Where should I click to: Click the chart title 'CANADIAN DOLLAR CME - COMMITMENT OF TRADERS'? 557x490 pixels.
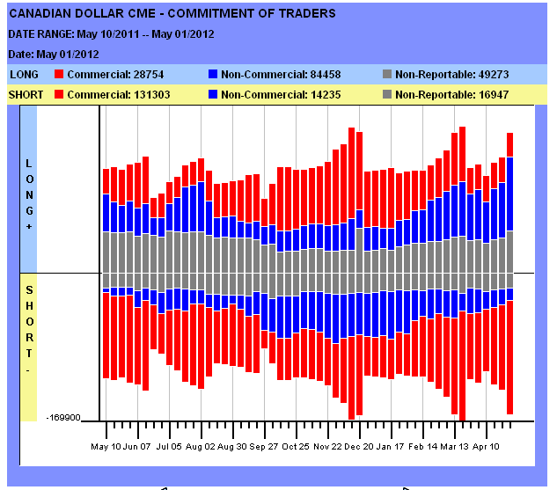pyautogui.click(x=172, y=14)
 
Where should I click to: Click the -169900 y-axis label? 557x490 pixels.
pyautogui.click(x=65, y=418)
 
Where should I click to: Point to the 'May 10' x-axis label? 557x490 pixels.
pyautogui.click(x=106, y=447)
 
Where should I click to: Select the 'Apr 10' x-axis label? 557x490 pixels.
pyautogui.click(x=487, y=447)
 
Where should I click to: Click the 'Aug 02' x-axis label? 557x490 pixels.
pyautogui.click(x=201, y=447)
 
